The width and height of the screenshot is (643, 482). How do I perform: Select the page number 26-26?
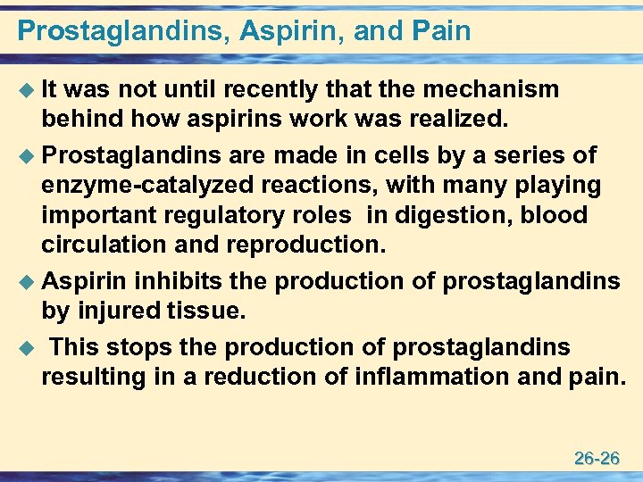coord(597,459)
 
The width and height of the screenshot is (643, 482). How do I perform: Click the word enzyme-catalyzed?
coord(142,185)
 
